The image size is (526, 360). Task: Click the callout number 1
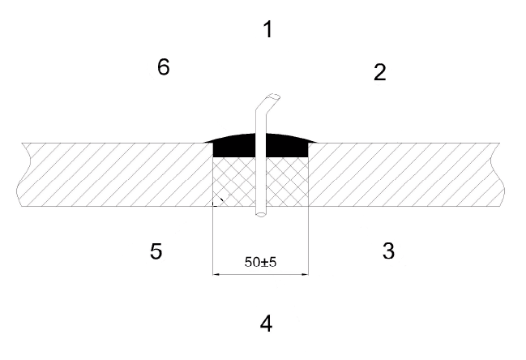(x=267, y=29)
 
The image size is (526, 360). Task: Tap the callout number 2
(x=380, y=72)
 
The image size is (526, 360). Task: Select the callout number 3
(x=388, y=251)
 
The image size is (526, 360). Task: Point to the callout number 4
(x=266, y=324)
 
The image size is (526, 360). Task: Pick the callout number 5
(x=156, y=251)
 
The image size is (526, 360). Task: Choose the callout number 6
(x=164, y=66)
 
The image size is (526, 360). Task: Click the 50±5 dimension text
(x=261, y=262)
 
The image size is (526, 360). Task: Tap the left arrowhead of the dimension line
(x=216, y=274)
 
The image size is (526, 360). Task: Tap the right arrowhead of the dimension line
(x=305, y=274)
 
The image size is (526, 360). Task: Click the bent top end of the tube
(x=272, y=97)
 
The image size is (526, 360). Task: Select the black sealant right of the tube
(x=288, y=146)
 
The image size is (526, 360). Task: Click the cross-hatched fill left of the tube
(x=234, y=182)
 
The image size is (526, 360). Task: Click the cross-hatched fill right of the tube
(x=287, y=182)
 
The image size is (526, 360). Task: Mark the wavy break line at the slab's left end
(x=24, y=174)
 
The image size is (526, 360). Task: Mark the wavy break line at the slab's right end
(x=498, y=174)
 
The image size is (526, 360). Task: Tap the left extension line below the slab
(x=213, y=241)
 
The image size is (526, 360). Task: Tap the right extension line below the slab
(x=308, y=241)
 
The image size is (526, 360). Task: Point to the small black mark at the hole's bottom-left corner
(x=218, y=201)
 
